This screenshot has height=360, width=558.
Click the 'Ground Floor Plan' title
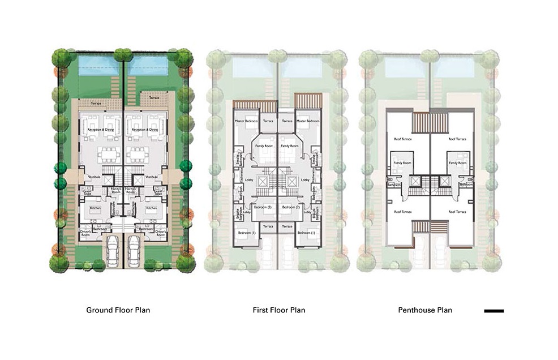pos(118,310)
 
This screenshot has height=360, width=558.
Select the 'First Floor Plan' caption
pos(278,310)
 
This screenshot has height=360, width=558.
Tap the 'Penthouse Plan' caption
pos(425,310)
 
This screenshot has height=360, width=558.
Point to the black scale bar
pos(494,311)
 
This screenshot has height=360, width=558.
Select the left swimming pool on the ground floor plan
pos(98,65)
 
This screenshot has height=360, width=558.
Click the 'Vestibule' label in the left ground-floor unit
pos(95,177)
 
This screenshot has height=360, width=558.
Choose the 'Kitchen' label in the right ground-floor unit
pos(152,208)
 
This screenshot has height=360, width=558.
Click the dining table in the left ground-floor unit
pos(110,154)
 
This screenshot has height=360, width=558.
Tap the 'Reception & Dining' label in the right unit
pos(143,130)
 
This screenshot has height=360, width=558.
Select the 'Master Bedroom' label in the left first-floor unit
pos(246,122)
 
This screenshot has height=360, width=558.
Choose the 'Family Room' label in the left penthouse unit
pos(403,163)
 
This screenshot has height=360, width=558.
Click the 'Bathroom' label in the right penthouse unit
pos(466,184)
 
